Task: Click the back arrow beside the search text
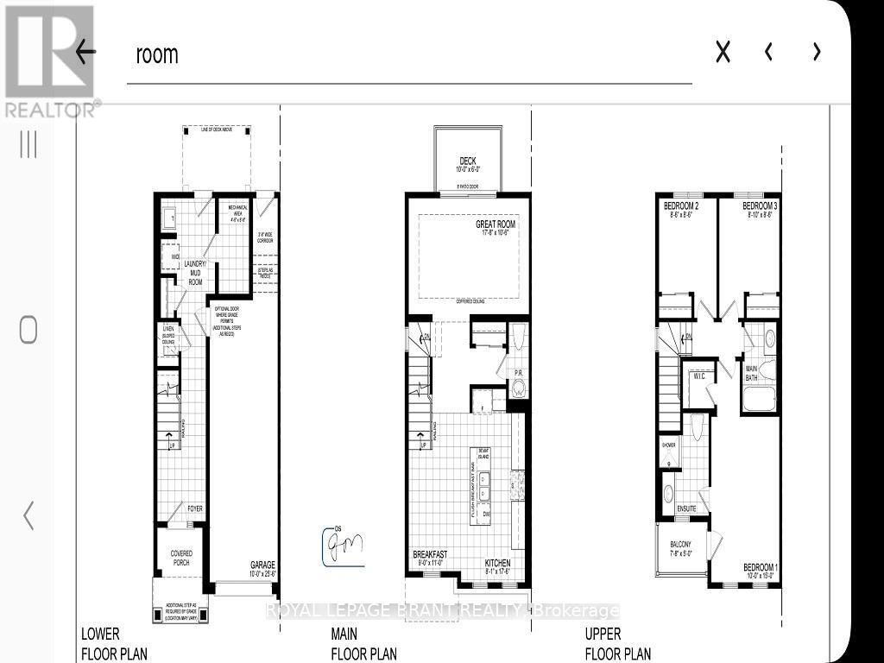pyautogui.click(x=85, y=52)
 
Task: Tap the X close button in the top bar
pyautogui.click(x=723, y=53)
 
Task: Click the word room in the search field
pyautogui.click(x=156, y=54)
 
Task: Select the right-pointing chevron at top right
pyautogui.click(x=817, y=53)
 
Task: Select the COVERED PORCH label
pyautogui.click(x=180, y=557)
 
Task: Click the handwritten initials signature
pyautogui.click(x=342, y=546)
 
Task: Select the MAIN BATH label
pyautogui.click(x=751, y=373)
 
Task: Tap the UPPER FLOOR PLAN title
pyautogui.click(x=618, y=644)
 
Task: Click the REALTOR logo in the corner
pyautogui.click(x=50, y=60)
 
